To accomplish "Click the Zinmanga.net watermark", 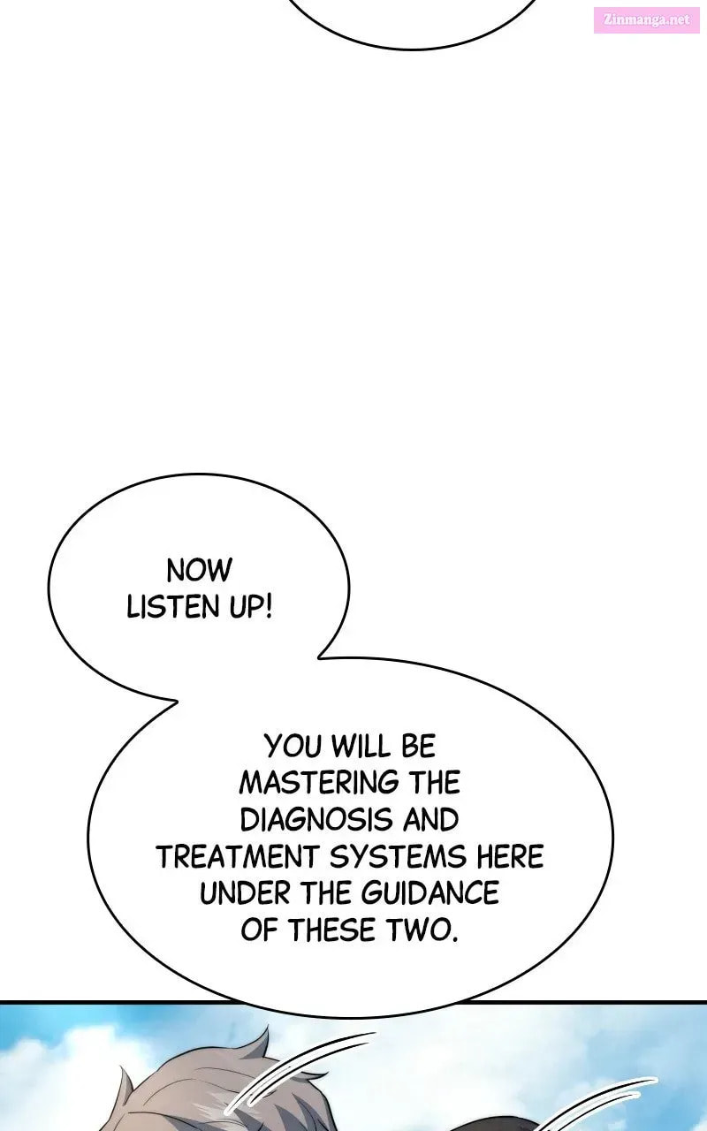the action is pos(650,20).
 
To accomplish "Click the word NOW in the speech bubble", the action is pos(199,571).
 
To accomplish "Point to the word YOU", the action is pos(293,746).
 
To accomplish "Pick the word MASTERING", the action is pos(319,783).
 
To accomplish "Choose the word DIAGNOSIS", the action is pos(316,819).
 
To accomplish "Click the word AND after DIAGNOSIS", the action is pos(430,819).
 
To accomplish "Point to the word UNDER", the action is pos(246,893).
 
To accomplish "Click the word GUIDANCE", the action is pos(430,893).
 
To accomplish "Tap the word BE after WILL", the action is pos(419,746).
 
